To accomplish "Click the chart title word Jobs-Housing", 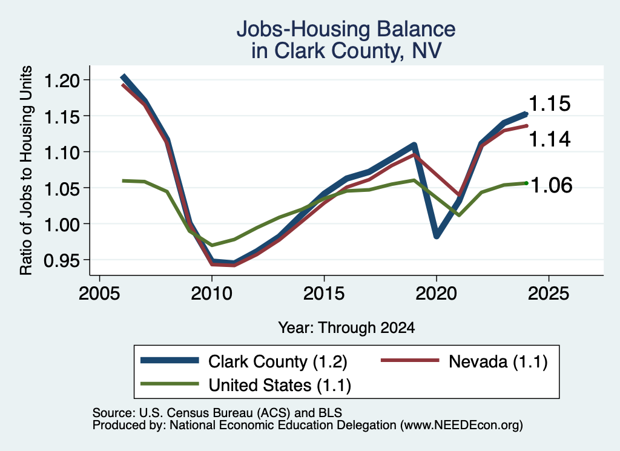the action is pos(303,29).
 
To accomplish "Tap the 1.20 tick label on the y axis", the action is pos(62,81).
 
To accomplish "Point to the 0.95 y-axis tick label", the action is pos(62,260).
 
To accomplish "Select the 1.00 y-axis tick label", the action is pos(62,224).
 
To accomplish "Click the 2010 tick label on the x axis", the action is pos(211,294).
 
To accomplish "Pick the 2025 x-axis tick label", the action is pos(549,294).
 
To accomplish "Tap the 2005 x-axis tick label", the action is pos(99,294).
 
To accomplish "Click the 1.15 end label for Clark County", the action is pos(549,104).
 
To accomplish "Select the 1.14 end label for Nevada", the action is pos(549,139).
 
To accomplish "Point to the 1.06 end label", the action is pos(551,185).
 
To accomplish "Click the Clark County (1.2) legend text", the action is pos(277,361).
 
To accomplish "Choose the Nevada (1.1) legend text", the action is pos(498,361).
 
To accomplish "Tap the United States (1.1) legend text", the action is pos(280,385).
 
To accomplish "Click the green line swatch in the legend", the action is pos(170,384).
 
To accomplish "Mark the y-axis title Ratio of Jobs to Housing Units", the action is pos(26,170).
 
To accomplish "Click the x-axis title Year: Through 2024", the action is pos(346,328).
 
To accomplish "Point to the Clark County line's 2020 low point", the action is pos(437,236).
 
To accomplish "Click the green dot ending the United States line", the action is pos(526,183).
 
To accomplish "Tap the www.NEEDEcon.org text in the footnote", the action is pos(461,426).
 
